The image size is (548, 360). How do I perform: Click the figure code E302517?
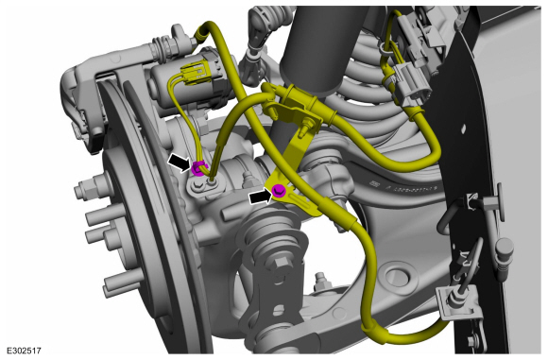point(25,350)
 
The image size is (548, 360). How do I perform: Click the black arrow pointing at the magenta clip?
point(180,163)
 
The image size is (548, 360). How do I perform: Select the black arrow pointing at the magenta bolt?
point(261,197)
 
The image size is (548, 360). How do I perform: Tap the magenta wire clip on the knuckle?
point(198,168)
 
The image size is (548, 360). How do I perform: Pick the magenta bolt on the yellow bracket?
point(279,191)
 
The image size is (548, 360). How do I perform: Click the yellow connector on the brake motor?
point(192,74)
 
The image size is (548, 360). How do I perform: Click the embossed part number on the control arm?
point(402,188)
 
